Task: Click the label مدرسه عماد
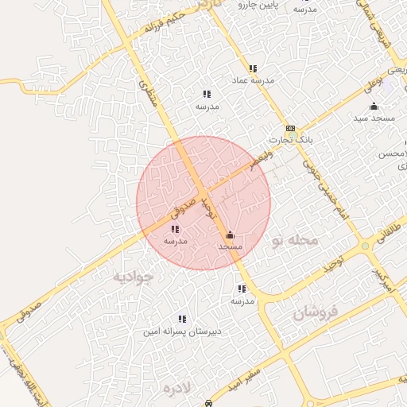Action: (253, 81)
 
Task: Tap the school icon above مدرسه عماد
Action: (253, 69)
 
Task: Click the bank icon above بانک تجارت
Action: (290, 128)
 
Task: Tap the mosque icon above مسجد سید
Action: (374, 107)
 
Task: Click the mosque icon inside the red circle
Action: (231, 235)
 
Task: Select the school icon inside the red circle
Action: (175, 229)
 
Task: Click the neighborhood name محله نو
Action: (293, 239)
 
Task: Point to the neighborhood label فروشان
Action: (316, 312)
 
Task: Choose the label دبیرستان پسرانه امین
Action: (182, 331)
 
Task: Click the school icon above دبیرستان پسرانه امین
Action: (182, 320)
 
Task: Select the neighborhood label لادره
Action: (179, 389)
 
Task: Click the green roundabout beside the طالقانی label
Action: (365, 246)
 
